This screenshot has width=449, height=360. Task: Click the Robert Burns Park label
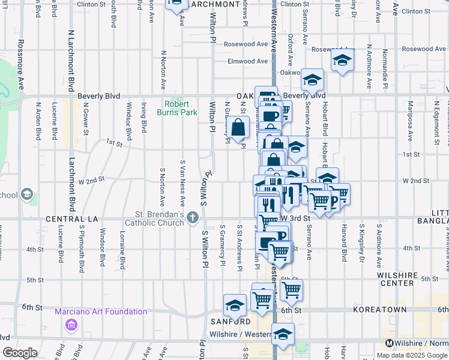177,108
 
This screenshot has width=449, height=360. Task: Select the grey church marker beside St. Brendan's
193,217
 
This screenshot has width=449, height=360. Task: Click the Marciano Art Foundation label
101,311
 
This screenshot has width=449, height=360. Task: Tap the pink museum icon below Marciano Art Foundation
71,325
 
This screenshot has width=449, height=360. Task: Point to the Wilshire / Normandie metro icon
390,344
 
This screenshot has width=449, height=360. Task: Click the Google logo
20,353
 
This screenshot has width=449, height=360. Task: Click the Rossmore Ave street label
20,64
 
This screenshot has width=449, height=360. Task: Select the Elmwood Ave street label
247,61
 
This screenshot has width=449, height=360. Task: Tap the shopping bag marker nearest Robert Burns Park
238,127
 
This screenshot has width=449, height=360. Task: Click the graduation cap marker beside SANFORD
235,305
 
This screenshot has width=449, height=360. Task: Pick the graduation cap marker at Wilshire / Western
283,335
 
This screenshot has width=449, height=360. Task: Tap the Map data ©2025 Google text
411,355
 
